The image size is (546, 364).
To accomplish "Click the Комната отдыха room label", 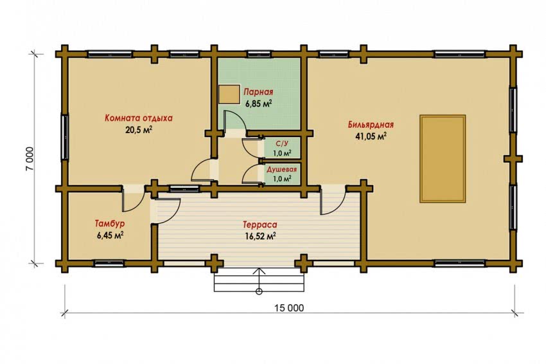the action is click(139, 118).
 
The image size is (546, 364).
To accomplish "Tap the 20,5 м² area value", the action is click(139, 130).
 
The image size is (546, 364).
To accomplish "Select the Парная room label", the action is click(258, 93).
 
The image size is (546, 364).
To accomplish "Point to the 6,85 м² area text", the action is click(258, 104).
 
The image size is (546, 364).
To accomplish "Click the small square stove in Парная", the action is click(229, 95).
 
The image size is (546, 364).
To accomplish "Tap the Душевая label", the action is click(282, 169).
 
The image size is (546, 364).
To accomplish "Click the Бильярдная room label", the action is click(371, 125).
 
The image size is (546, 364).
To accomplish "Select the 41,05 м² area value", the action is click(371, 136).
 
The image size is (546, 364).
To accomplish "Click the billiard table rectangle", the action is click(443, 159).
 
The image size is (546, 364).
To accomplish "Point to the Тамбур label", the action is click(110, 224).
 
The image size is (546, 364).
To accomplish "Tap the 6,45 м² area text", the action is click(110, 235).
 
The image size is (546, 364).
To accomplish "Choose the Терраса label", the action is click(260, 225).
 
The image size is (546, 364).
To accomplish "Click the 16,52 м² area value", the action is click(260, 237).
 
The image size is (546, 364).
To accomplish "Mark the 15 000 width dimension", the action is click(289, 308).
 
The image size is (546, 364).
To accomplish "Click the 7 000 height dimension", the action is click(30, 159).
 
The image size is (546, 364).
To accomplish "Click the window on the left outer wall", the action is click(65, 137).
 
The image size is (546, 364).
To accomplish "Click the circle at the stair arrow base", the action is click(259, 291).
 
